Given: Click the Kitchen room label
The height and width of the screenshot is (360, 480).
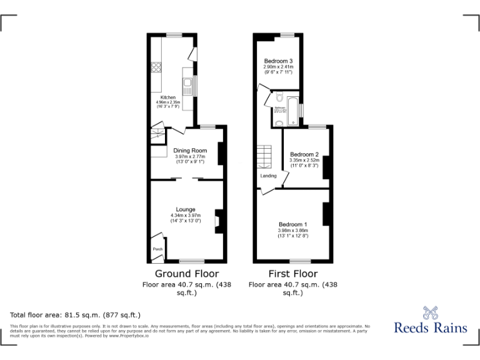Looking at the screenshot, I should pyautogui.click(x=168, y=97).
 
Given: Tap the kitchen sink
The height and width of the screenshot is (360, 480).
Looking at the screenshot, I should pyautogui.click(x=186, y=82).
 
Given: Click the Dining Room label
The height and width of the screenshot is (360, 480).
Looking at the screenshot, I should pyautogui.click(x=189, y=151).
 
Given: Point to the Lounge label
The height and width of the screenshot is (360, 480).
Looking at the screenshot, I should pyautogui.click(x=186, y=209).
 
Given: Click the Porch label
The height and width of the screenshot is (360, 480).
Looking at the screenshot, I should pyautogui.click(x=157, y=249).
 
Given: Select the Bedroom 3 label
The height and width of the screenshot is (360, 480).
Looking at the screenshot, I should pyautogui.click(x=278, y=61).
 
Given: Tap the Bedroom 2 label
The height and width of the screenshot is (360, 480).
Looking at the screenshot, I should pyautogui.click(x=304, y=154).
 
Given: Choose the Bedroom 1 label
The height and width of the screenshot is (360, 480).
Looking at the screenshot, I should pyautogui.click(x=292, y=224).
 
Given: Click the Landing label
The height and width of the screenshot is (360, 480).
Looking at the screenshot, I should pyautogui.click(x=269, y=176).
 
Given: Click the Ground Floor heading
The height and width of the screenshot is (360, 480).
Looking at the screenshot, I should pyautogui.click(x=186, y=274).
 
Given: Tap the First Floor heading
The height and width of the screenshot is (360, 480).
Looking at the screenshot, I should pyautogui.click(x=292, y=274).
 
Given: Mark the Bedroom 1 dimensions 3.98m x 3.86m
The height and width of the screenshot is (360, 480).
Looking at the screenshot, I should pyautogui.click(x=292, y=231).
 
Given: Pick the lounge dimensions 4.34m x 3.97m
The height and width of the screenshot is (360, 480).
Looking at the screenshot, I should pyautogui.click(x=186, y=216).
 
